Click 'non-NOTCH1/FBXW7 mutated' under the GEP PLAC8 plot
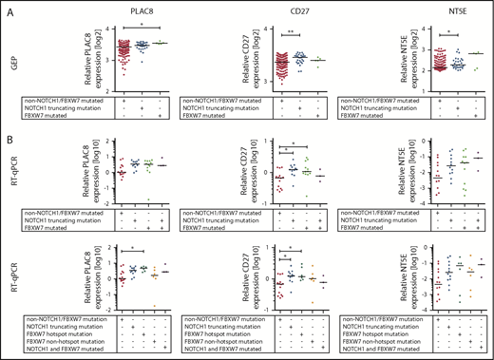pyautogui.click(x=63, y=96)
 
